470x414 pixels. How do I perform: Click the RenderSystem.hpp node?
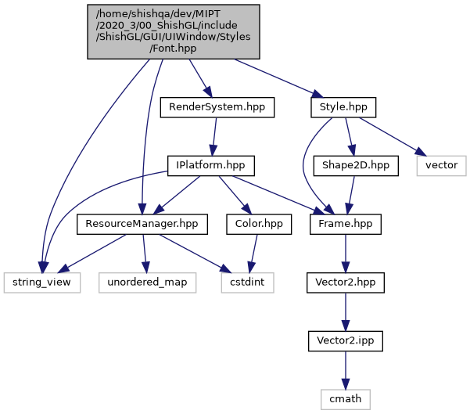coord(217,107)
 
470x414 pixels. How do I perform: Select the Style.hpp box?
coord(343,107)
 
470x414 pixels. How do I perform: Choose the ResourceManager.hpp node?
coord(142,225)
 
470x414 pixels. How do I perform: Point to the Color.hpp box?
coord(258,225)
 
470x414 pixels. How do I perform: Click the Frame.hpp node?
coord(346,225)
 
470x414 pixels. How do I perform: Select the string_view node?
coord(42,283)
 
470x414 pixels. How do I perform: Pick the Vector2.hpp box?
coord(346,283)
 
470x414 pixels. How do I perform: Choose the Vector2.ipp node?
coord(346,341)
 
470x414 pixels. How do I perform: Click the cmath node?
coord(346,399)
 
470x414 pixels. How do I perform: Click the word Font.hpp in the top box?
coord(173,48)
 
